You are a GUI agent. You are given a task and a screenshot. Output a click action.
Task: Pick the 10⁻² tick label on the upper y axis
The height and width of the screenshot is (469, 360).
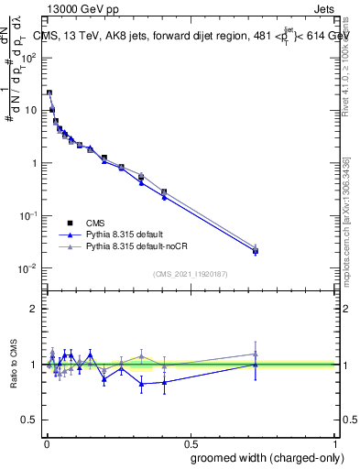pyautogui.click(x=27, y=268)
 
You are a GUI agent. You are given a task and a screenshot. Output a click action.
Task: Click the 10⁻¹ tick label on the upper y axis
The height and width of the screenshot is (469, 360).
pyautogui.click(x=27, y=215)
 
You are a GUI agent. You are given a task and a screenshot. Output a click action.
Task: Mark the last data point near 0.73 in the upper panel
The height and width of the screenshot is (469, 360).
pyautogui.click(x=256, y=250)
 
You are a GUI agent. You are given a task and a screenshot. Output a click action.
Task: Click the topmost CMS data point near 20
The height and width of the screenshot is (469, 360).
pyautogui.click(x=49, y=93)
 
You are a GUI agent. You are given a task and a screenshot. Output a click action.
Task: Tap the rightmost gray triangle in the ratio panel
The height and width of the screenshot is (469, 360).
pyautogui.click(x=256, y=354)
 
